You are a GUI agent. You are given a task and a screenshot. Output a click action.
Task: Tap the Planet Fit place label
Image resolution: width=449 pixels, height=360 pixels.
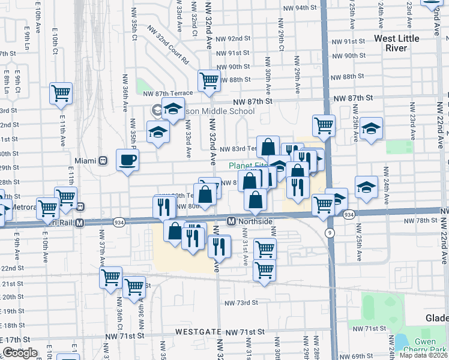(247, 166)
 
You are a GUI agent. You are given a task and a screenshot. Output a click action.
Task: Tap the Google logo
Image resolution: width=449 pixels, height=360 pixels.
(20, 353)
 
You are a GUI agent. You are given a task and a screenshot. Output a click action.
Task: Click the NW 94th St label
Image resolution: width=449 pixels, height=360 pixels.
(301, 8)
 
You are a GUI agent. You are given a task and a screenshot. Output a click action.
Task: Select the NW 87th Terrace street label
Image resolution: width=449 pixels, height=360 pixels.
(168, 93)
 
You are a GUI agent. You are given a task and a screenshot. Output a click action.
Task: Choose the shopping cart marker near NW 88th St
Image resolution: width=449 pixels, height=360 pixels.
(209, 80)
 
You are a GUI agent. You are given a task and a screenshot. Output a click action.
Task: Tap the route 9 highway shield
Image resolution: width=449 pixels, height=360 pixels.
(330, 232)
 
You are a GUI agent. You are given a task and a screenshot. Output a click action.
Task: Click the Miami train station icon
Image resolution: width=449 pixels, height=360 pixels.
(103, 161)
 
